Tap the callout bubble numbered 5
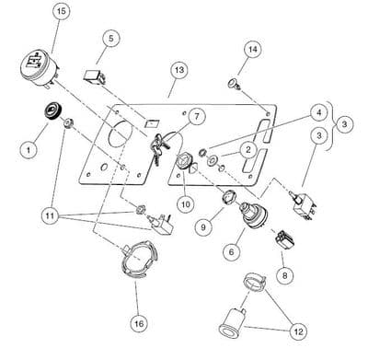coord(111,38)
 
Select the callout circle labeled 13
coord(178,70)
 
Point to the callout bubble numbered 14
coord(252,48)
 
